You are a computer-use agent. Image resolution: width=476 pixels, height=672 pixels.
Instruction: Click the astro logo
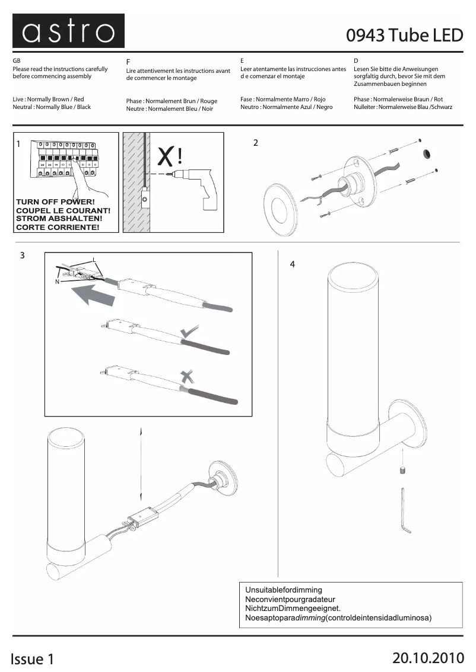[68, 31]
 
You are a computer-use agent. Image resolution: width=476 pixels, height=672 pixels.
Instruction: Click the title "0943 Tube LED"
[404, 35]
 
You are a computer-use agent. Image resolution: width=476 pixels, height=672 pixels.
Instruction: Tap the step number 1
[18, 144]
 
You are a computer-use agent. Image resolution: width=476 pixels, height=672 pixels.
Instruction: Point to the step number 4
[292, 264]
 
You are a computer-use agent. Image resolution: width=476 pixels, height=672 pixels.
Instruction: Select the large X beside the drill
[166, 157]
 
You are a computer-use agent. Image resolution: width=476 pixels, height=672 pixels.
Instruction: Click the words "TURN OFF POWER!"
[55, 202]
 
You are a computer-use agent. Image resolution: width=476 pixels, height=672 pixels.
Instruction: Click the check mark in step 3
[189, 331]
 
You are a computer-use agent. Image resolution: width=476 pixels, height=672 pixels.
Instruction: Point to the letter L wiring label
[94, 260]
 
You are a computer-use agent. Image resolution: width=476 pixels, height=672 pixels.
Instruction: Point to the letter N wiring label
[57, 281]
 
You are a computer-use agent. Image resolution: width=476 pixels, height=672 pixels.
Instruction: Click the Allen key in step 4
[405, 510]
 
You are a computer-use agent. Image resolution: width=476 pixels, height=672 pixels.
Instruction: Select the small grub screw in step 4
[402, 471]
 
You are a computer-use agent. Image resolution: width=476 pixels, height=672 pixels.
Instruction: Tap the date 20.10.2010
[428, 658]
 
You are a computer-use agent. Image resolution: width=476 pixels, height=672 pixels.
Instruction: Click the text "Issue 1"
[32, 659]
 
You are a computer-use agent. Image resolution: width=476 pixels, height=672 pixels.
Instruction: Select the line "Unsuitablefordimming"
[283, 590]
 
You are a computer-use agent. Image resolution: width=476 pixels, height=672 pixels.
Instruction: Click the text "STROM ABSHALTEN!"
[59, 219]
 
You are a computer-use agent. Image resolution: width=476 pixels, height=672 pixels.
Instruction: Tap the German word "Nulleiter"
[365, 107]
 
